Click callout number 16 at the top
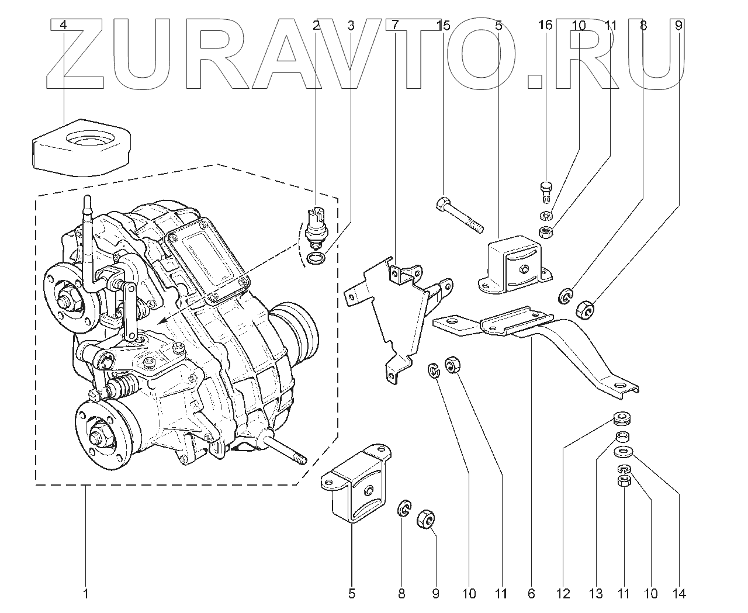pos(545,25)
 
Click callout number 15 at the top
pos(444,25)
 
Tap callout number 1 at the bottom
pos(85,594)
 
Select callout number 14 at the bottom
pos(678,594)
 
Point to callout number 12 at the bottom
pos(563,594)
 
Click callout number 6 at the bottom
pos(531,594)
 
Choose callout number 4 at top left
pos(63,25)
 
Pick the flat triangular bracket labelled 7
pos(403,316)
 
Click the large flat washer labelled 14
pos(625,452)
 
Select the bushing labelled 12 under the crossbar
pos(622,420)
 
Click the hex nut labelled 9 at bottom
pos(425,518)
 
